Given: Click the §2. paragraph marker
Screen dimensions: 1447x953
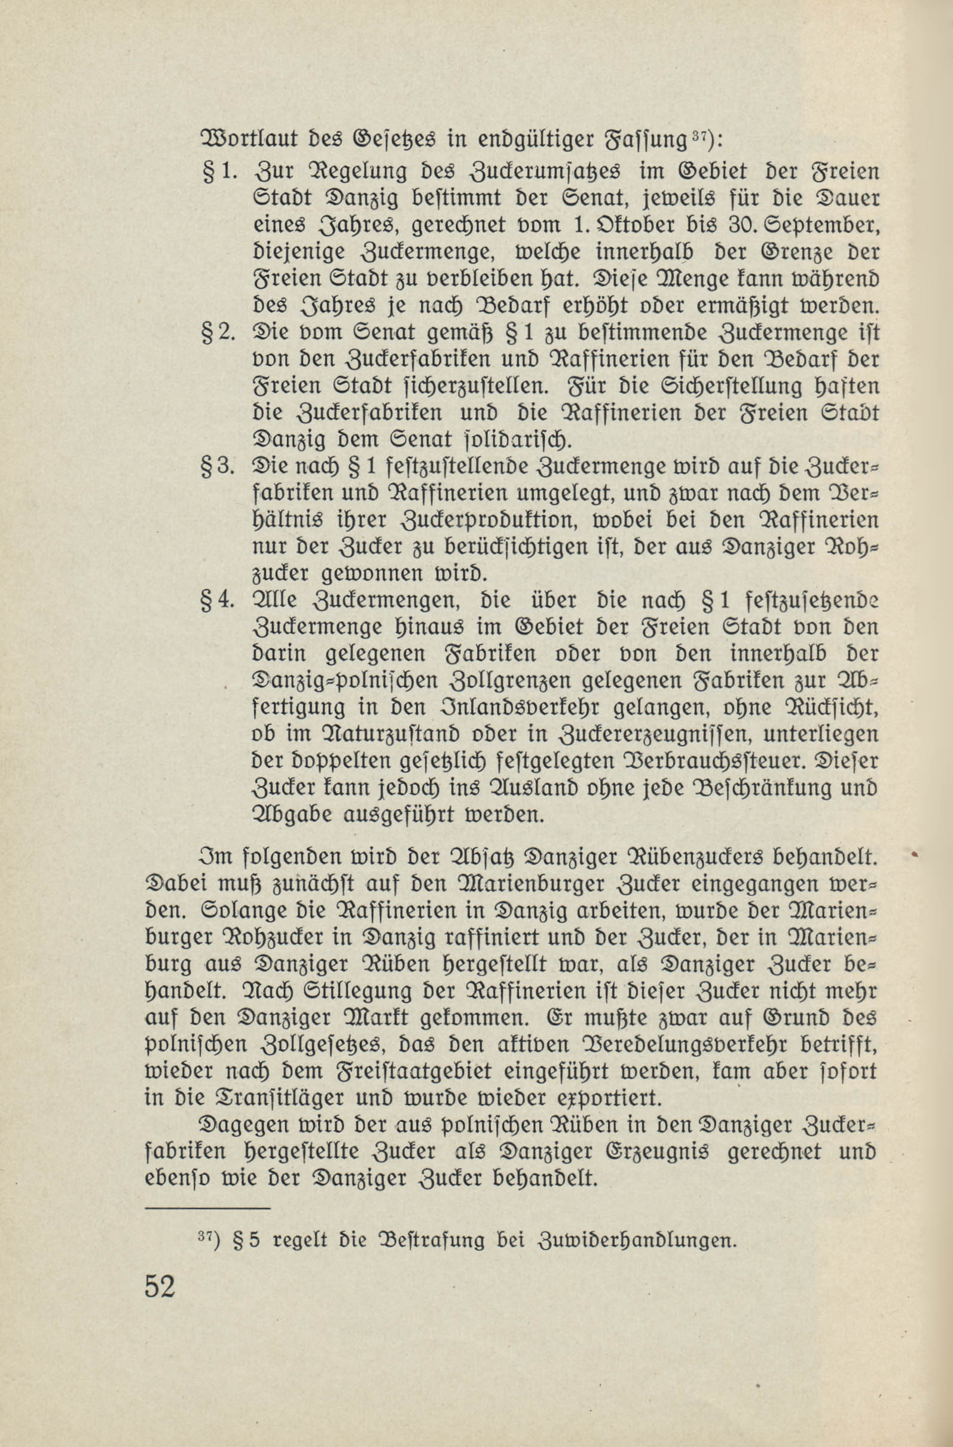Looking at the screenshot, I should pos(218,333).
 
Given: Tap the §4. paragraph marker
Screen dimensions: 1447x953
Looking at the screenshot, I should pos(218,600).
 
